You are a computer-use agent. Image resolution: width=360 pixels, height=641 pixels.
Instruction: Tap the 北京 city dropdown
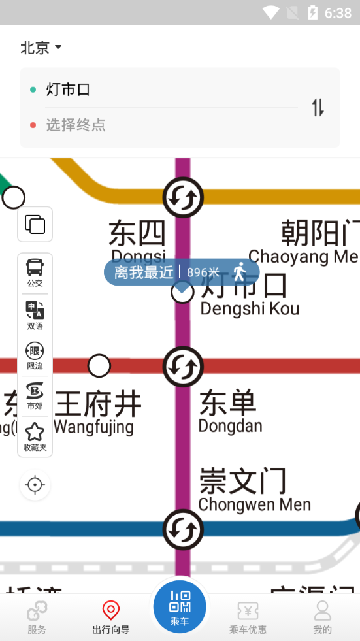(41, 48)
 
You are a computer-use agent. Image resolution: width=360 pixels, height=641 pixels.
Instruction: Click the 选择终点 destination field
(76, 125)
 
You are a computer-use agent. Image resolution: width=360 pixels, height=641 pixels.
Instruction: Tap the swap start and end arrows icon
(318, 107)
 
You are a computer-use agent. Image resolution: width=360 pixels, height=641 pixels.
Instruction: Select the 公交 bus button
(35, 272)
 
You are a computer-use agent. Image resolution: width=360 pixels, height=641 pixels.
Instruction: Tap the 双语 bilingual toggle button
(35, 314)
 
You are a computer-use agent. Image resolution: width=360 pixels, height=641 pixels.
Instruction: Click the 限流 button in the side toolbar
(35, 355)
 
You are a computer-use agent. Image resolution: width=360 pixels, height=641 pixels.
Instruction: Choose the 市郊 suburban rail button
(35, 396)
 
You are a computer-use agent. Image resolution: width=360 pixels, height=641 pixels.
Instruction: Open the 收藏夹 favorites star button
(35, 436)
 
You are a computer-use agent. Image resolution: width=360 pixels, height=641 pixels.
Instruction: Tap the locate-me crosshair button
(35, 485)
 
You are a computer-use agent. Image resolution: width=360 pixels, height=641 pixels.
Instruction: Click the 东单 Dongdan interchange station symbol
(183, 367)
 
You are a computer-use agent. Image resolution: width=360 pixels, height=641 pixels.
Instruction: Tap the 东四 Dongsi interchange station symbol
(183, 197)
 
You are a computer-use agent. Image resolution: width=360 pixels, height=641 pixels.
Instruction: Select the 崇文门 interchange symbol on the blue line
(183, 530)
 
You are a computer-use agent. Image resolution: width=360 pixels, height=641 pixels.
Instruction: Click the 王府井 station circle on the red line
(99, 366)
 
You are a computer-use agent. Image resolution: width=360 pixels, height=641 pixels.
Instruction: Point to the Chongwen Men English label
(254, 504)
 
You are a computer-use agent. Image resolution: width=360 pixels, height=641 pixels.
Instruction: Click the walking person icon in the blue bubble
(240, 271)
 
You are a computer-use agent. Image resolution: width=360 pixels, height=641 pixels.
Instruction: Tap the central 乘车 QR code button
(180, 606)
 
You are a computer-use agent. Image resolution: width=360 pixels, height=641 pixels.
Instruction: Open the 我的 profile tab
(322, 617)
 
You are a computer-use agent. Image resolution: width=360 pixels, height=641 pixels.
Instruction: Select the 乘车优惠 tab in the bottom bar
(248, 617)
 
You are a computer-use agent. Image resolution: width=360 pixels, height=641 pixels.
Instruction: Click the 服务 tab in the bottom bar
(37, 617)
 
